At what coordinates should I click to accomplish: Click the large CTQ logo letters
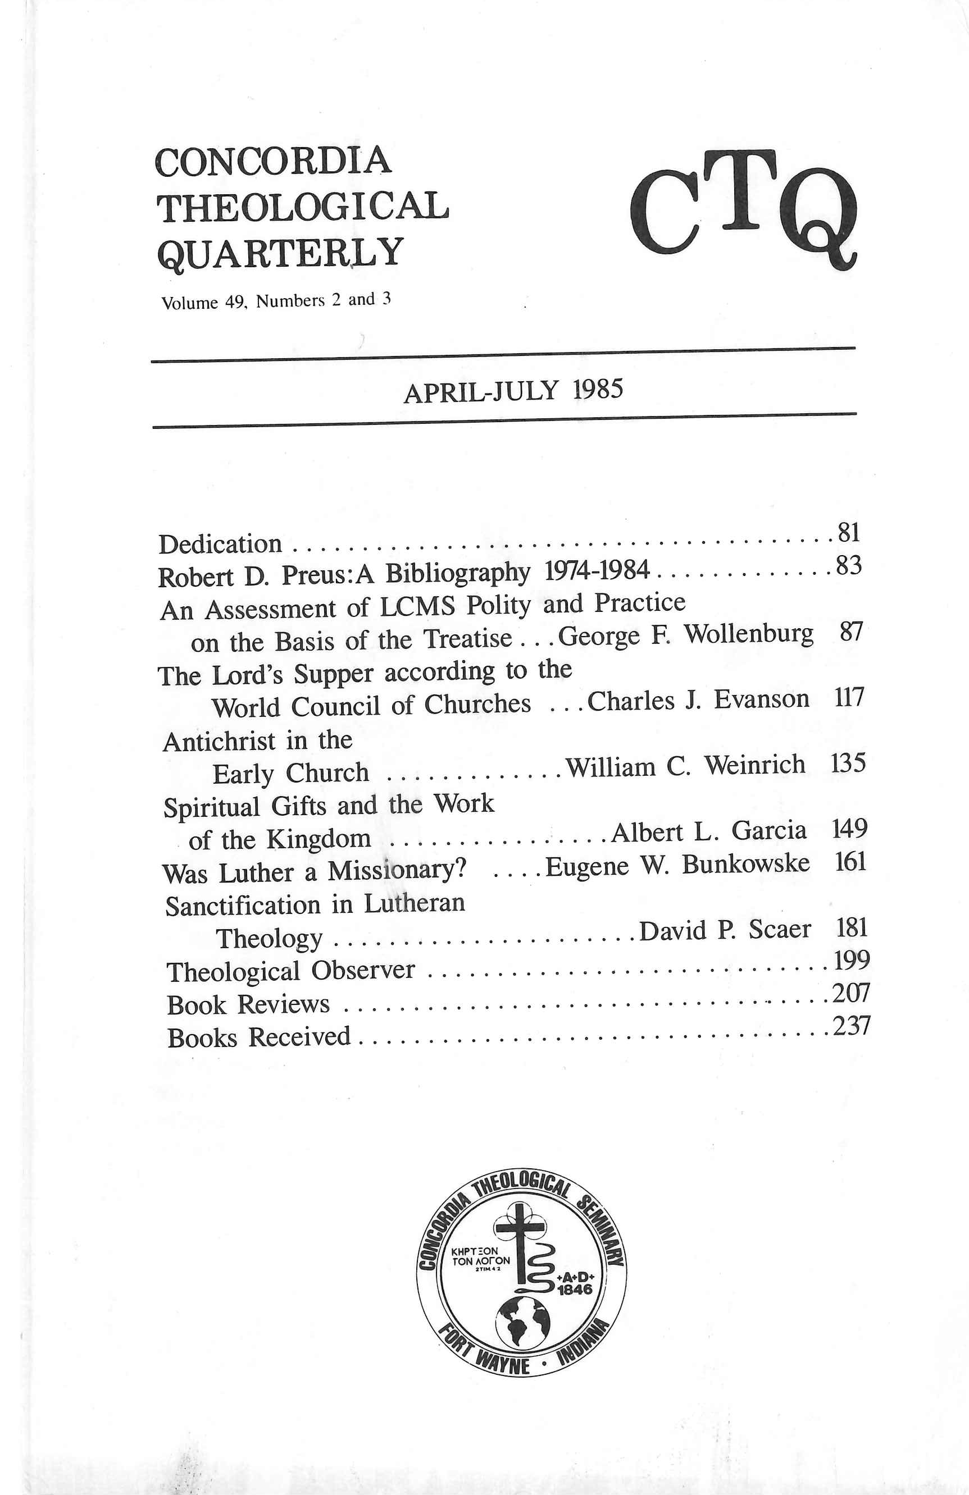pos(743,211)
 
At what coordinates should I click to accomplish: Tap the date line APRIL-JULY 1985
pos(513,391)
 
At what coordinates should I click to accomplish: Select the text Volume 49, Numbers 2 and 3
pos(276,301)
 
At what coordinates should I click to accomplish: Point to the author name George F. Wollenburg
pos(685,635)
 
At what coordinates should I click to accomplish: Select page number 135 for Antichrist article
pos(848,764)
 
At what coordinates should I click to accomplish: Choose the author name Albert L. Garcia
pos(708,831)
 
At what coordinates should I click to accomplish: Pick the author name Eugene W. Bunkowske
pos(677,866)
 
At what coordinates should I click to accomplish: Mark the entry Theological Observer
pos(290,971)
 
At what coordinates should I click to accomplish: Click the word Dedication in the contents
pos(220,544)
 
